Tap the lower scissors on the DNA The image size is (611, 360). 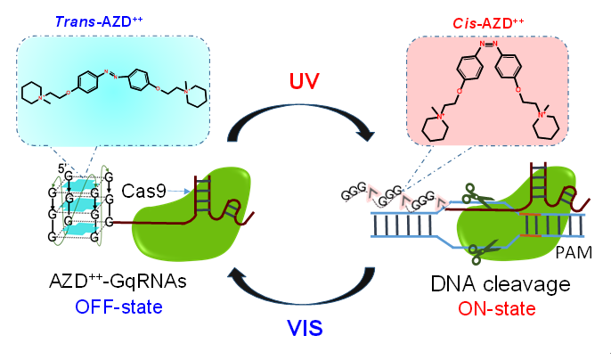(485, 250)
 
